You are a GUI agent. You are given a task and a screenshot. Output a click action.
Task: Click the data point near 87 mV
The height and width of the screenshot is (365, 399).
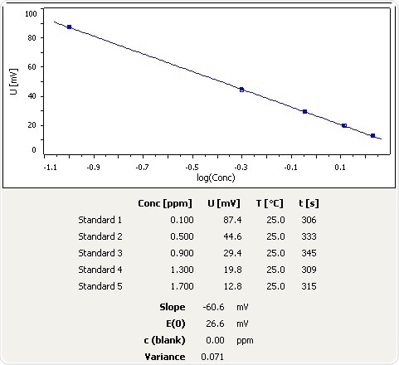click(70, 27)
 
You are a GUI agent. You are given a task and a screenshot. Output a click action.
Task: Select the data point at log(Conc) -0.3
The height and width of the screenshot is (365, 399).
click(241, 90)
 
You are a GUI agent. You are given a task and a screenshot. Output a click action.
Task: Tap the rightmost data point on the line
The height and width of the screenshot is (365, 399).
click(372, 135)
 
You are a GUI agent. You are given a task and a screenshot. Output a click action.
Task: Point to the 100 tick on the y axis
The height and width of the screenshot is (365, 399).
click(31, 14)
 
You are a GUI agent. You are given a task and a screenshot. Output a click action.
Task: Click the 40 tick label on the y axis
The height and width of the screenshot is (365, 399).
click(31, 95)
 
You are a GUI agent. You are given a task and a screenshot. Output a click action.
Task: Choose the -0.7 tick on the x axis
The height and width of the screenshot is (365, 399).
click(143, 168)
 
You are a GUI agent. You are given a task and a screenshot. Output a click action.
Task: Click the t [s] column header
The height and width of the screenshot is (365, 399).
click(312, 204)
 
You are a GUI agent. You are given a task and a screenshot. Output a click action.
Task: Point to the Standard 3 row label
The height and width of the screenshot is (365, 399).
click(100, 251)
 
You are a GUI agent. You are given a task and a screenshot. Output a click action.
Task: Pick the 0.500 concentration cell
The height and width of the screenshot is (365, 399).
click(158, 236)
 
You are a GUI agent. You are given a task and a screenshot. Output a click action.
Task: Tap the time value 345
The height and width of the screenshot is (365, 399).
click(309, 251)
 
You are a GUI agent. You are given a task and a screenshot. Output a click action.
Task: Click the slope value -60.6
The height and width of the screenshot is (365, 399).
click(212, 308)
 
